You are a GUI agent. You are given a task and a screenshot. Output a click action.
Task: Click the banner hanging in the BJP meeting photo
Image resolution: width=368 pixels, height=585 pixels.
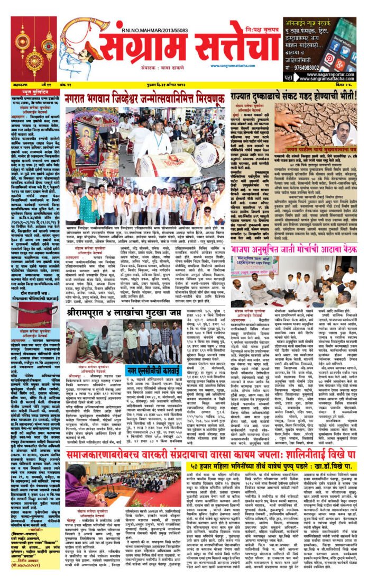[257, 263]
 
